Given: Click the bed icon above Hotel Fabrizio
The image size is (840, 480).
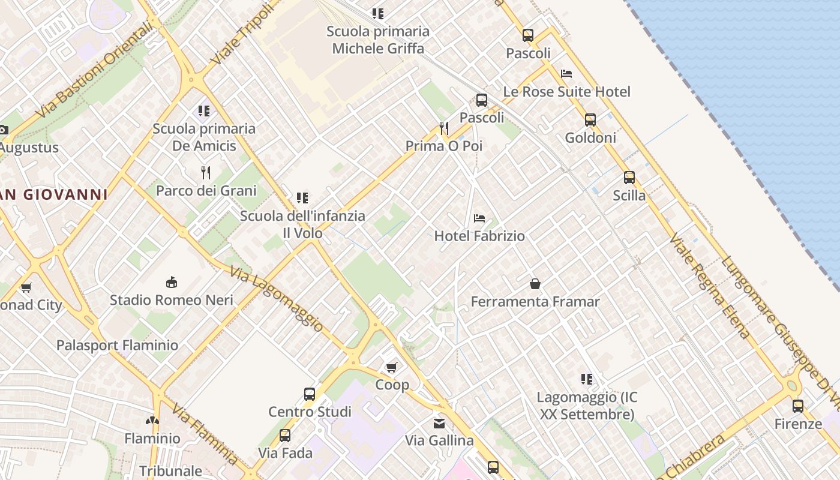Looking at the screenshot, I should click(479, 218).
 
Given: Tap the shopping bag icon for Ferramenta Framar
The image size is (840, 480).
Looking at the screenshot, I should click(535, 284).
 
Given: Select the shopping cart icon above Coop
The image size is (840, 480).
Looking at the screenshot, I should click(392, 367).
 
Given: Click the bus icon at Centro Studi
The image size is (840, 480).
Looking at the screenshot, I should click(310, 394).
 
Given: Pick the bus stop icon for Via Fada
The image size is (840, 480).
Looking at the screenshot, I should click(285, 436).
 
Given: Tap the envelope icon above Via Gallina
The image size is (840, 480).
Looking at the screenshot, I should click(440, 424).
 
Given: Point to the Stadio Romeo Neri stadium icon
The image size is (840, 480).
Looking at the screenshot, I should click(172, 282).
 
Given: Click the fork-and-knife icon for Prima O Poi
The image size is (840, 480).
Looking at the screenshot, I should click(444, 128).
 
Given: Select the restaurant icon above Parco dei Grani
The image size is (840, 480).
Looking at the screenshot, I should click(206, 173).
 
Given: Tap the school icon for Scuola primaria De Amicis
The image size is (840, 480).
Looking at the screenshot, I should click(204, 111).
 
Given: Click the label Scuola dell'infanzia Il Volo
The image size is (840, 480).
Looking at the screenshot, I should click(302, 224).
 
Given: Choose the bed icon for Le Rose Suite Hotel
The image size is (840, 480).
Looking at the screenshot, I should click(566, 74).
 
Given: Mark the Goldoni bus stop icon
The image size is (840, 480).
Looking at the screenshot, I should click(590, 120).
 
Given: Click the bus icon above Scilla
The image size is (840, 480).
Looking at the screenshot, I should click(629, 178).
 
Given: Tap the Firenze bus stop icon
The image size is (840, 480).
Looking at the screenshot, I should click(798, 406).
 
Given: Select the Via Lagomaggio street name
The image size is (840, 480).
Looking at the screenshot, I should click(277, 299).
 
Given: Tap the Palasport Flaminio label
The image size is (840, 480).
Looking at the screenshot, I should click(117, 346).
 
